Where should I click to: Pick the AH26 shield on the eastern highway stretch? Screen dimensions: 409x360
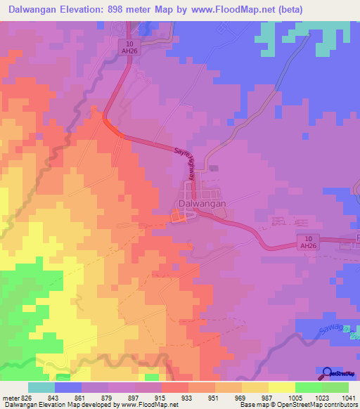pyautogui.click(x=305, y=242)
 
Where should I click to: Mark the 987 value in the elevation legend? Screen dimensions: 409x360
pyautogui.click(x=255, y=398)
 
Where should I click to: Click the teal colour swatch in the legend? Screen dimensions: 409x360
pyautogui.click(x=41, y=387)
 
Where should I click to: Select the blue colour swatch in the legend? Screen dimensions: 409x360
pyautogui.click(x=68, y=387)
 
